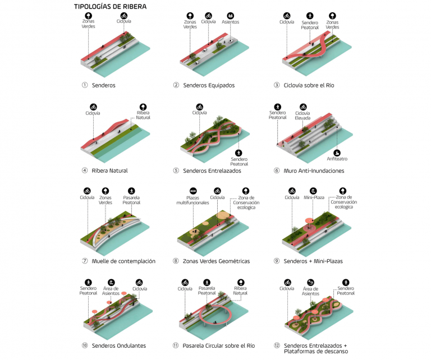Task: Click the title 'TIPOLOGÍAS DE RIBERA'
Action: point(110,7)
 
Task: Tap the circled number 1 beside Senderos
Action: point(85,85)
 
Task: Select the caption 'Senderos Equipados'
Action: point(209,85)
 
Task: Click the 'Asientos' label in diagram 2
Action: point(230,22)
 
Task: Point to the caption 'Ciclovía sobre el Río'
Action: point(309,85)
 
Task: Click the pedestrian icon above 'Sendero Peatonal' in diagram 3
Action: point(310,16)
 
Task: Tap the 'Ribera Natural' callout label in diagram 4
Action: point(143,115)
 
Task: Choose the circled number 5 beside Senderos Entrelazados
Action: point(176,170)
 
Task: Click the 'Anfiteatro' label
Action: point(337,159)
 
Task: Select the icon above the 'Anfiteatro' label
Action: point(337,153)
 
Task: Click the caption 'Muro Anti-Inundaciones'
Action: point(314,171)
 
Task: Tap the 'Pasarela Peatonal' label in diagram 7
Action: point(131,200)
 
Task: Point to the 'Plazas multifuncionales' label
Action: point(192,200)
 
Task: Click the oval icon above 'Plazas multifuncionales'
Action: point(193,191)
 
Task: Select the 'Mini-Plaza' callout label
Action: point(314,197)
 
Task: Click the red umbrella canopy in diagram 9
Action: point(309,220)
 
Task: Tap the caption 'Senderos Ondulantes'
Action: point(119,346)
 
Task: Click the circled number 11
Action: point(176,345)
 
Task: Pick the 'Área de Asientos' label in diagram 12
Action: point(310,291)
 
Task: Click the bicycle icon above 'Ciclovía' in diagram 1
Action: point(124,16)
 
